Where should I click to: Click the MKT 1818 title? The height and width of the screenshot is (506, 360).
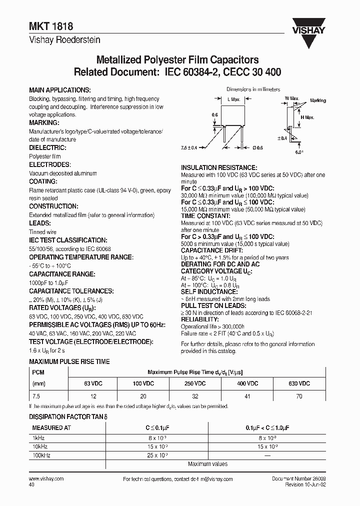coord(45,30)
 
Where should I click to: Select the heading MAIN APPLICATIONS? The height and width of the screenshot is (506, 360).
coord(60,90)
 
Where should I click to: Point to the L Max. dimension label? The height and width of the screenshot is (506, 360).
coord(234,100)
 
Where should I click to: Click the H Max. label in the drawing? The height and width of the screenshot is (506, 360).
coord(307,117)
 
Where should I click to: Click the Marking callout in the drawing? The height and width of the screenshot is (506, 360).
coord(317,100)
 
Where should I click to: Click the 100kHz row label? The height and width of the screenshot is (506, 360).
coord(41,455)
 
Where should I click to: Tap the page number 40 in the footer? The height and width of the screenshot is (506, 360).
coord(32,484)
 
